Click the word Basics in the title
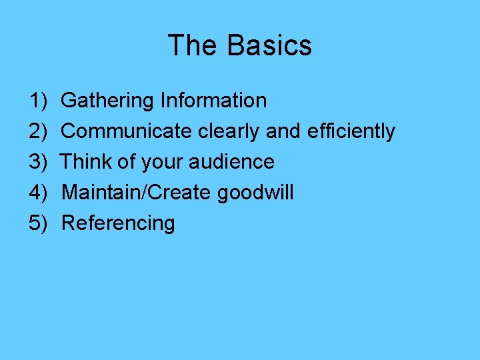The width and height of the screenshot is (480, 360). pos(269,45)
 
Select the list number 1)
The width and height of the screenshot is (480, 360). pos(38,101)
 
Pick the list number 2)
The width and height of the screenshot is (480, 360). pos(38,131)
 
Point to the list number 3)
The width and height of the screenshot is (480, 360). pos(38,162)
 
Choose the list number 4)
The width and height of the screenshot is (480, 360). pos(38,193)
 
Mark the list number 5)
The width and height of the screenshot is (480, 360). pos(38,223)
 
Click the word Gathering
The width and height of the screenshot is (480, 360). pos(107,101)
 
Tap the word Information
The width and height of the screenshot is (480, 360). pos(213,101)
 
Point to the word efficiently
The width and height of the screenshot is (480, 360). pos(351,132)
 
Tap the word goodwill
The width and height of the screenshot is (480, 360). pos(255,193)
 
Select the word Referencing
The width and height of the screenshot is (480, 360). pos(118,223)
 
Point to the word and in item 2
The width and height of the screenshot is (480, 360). pos(283,131)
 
